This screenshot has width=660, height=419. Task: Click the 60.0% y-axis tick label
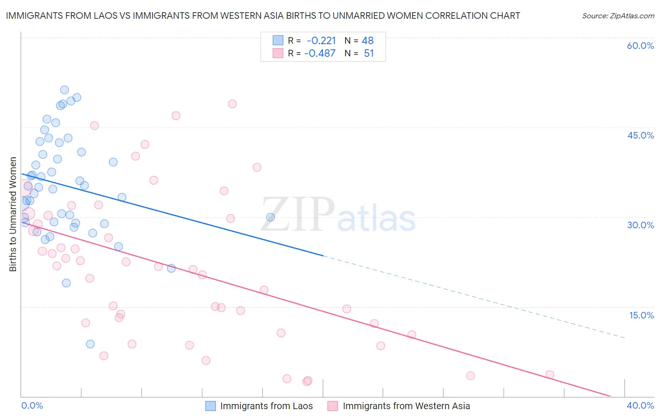tap(640, 46)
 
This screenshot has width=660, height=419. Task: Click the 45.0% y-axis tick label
tap(640, 135)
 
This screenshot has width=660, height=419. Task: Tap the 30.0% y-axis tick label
tap(640, 225)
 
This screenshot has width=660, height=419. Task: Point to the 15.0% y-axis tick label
tap(641, 315)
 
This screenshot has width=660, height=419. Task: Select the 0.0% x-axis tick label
tap(32, 405)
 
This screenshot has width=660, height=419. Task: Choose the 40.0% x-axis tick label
tap(640, 405)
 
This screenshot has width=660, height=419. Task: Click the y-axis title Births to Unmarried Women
tap(13, 214)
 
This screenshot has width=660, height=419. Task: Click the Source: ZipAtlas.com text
tap(618, 16)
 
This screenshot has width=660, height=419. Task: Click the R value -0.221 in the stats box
tap(321, 41)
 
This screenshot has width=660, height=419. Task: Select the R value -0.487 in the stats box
tap(320, 53)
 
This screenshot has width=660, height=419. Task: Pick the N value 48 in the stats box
tap(368, 41)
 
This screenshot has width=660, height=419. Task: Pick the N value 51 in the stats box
tap(369, 53)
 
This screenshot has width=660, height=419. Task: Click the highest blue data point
tap(64, 90)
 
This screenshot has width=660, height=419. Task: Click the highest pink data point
tap(232, 104)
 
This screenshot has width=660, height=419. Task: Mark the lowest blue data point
tap(90, 344)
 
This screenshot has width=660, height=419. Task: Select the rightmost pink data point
tap(550, 374)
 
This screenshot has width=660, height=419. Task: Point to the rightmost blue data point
tap(270, 217)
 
